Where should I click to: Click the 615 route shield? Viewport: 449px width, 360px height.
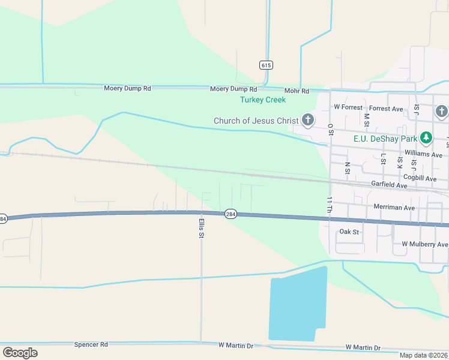point(265,64)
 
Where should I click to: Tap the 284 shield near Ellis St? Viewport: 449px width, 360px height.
point(231,214)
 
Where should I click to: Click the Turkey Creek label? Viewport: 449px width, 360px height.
point(263,100)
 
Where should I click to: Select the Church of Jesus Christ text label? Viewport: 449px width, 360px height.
point(256,121)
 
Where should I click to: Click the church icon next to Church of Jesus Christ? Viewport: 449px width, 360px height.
point(308,121)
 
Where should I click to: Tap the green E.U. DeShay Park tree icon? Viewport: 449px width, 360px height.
point(426,138)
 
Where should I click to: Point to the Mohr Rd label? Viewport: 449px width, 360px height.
point(297,91)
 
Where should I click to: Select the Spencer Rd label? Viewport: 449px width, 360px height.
point(91,345)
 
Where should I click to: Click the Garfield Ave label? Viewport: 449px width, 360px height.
point(389,185)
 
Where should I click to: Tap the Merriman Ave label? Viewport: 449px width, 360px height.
point(394,208)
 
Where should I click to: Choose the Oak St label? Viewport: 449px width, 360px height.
point(349,232)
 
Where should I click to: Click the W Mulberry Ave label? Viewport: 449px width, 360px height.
point(424,244)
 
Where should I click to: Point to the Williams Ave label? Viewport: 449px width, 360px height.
point(423,154)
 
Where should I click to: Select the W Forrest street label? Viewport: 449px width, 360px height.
point(348,107)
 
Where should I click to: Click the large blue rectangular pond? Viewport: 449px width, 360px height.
point(297,306)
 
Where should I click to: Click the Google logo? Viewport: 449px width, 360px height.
point(20,353)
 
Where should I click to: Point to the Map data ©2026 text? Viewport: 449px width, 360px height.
point(423,355)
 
